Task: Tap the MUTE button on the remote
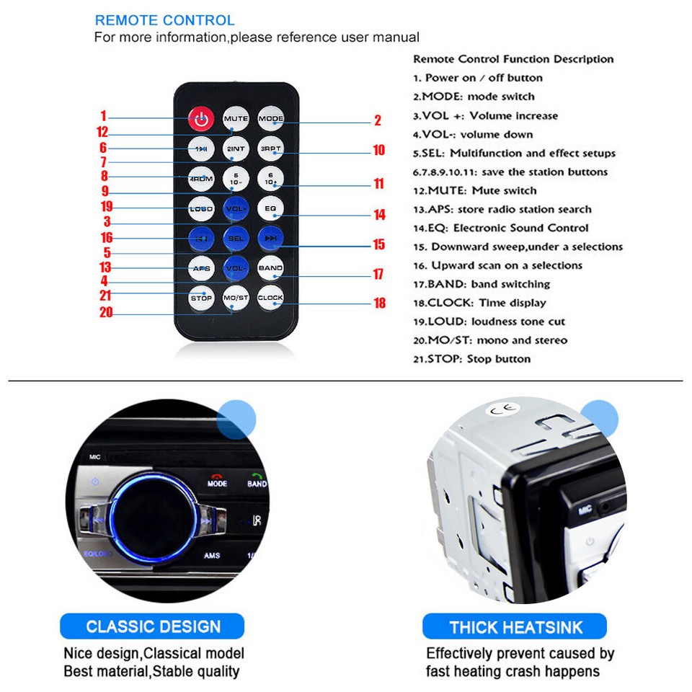click(236, 119)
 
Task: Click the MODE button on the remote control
click(270, 119)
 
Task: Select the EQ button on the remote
click(270, 208)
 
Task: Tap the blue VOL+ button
click(236, 208)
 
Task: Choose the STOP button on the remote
click(201, 297)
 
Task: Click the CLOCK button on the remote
click(270, 297)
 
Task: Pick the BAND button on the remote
click(270, 267)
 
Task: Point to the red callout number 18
click(379, 303)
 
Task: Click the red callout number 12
click(102, 132)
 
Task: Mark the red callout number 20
click(106, 312)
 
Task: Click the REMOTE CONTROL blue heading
click(164, 20)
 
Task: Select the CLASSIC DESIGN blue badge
click(153, 626)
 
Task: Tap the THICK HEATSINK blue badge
click(515, 626)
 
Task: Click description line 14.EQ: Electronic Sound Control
click(500, 228)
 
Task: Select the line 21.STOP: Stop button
click(471, 359)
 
